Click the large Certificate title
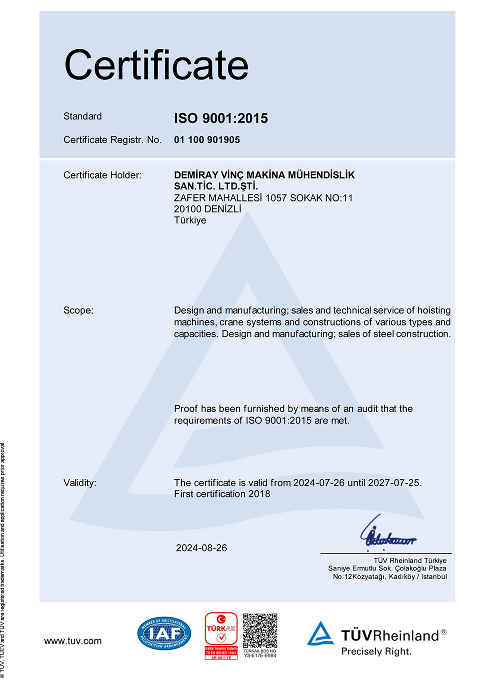coord(156,65)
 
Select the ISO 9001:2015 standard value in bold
coord(221,118)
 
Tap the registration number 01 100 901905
coord(207,140)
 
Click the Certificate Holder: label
coord(102,175)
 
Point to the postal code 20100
coord(188,209)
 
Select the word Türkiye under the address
coord(190,220)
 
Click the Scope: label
coord(78,310)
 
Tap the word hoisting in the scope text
coord(434,310)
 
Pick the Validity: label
coord(79,483)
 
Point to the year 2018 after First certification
coord(259,494)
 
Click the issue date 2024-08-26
coord(201,548)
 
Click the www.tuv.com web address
coord(73,641)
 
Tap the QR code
coord(260,630)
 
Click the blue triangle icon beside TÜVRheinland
coord(320,634)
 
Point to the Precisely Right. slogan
coord(376,652)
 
